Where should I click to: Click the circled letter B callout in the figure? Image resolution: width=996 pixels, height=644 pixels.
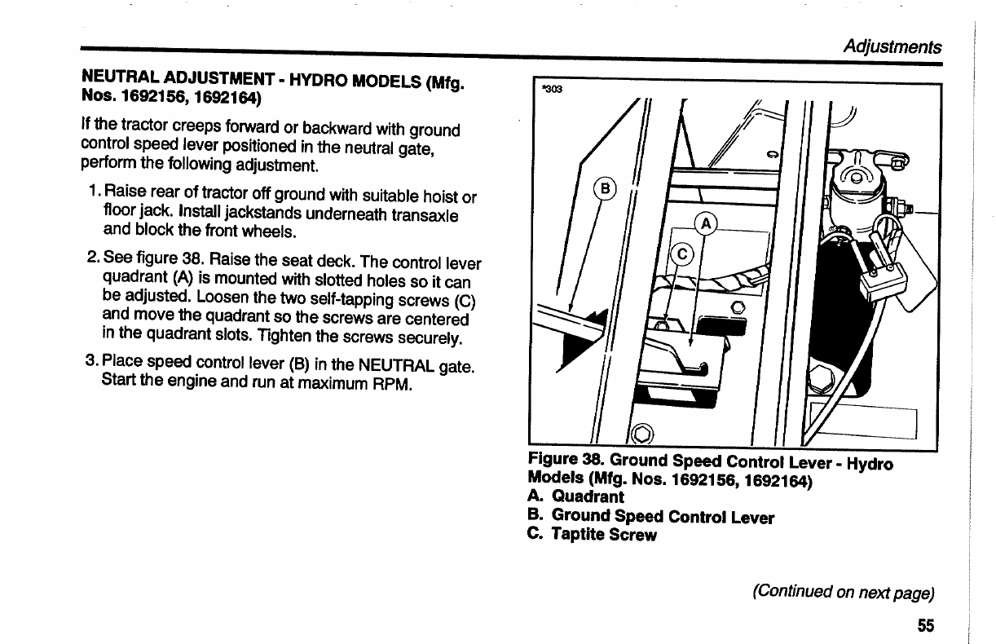tap(605, 187)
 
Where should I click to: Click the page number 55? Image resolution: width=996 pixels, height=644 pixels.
tap(925, 625)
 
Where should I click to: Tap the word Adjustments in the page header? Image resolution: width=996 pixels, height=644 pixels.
tap(892, 47)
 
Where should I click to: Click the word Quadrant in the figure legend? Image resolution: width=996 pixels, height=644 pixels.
tap(588, 496)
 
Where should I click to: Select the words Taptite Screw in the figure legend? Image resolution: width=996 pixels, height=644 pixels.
tap(604, 535)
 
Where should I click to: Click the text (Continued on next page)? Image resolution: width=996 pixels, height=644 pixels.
tap(843, 591)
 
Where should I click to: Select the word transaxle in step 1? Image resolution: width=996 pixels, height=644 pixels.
tap(425, 215)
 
